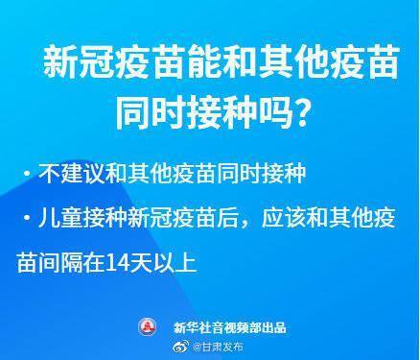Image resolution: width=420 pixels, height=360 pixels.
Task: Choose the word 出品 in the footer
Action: click(274, 328)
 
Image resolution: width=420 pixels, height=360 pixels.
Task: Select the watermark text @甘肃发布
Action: click(213, 348)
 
